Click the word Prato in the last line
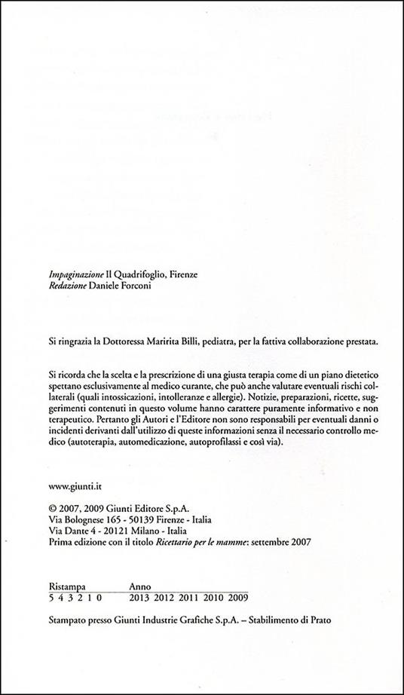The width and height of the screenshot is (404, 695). (317, 624)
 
